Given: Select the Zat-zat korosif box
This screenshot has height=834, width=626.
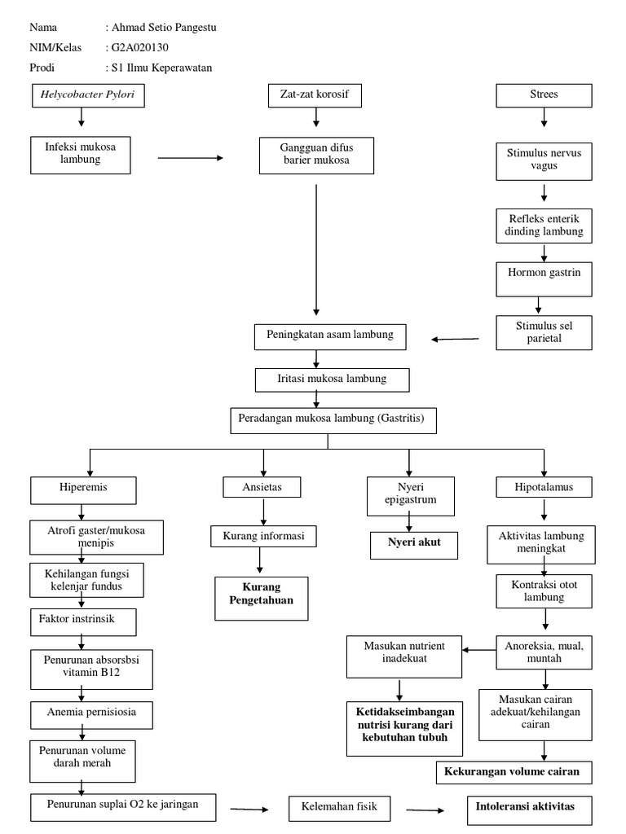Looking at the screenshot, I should (315, 96).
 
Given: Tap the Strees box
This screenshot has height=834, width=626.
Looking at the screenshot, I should (544, 96).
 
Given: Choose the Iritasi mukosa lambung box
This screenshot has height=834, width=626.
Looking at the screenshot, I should (332, 379).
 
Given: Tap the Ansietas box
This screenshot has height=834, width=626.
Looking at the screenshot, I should (262, 487).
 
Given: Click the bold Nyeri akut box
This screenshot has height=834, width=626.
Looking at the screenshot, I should (413, 543).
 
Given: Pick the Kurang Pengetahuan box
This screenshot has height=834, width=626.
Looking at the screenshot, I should (262, 599).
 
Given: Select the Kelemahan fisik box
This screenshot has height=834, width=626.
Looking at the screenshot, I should (340, 809).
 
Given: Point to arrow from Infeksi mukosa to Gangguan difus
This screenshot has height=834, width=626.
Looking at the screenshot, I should (189, 158).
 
